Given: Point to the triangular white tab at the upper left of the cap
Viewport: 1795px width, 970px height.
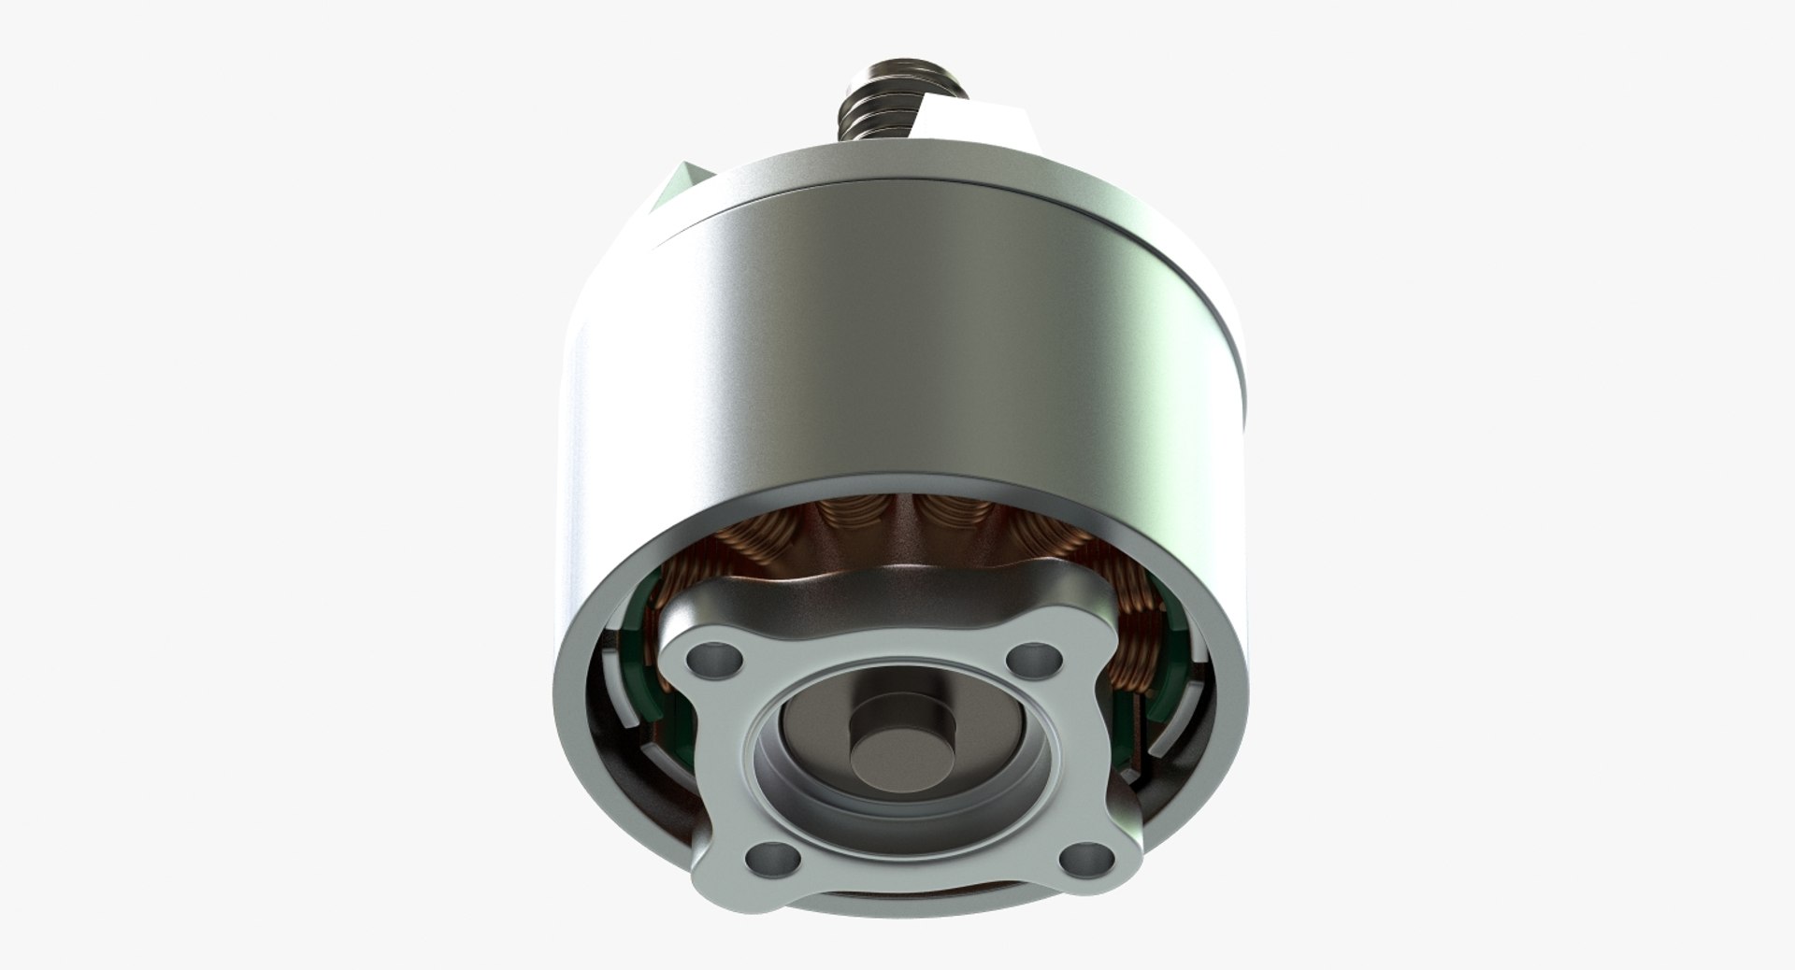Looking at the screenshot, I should (x=683, y=182).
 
